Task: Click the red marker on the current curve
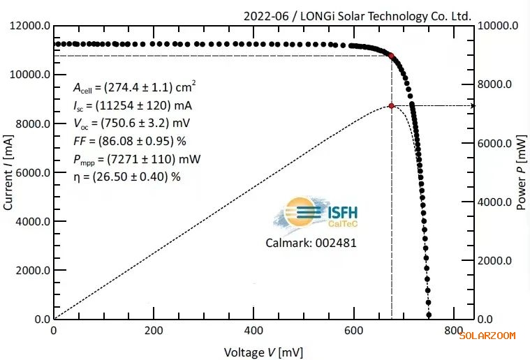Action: coord(391,56)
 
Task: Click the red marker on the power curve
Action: coord(392,106)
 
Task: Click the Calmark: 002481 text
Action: coord(311,243)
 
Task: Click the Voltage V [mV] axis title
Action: coord(263,352)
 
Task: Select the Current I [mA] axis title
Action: coord(9,172)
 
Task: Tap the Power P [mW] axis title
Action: coord(521,172)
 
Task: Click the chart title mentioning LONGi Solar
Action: coord(357,15)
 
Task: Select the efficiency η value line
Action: coord(126,177)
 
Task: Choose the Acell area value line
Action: coord(135,87)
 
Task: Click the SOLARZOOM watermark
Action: coord(487,336)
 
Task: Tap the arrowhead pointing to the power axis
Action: coord(472,106)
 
